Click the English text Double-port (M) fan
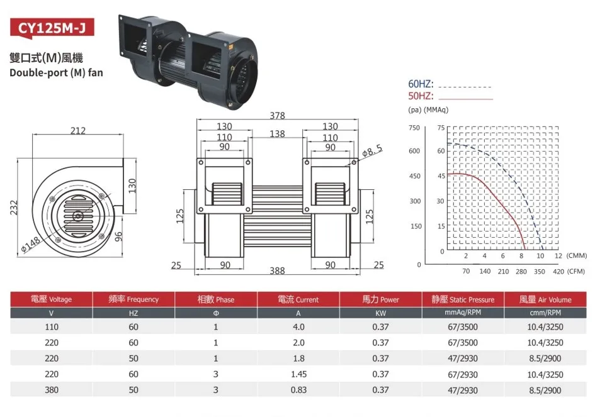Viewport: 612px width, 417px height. point(56,72)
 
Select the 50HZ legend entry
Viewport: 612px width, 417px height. point(421,96)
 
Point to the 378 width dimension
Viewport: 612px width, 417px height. point(277,116)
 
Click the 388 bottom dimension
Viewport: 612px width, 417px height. point(277,271)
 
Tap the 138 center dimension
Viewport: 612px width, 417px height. point(277,134)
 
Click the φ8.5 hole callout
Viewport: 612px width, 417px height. point(372,150)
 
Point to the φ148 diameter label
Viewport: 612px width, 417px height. point(30,243)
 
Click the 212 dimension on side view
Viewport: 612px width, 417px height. point(78,131)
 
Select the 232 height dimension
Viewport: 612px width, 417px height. point(14,208)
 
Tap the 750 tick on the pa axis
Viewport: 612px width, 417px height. point(414,128)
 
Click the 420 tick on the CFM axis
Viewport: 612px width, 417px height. point(558,272)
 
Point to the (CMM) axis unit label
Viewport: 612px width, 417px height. point(576,256)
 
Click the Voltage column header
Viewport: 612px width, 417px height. point(52,299)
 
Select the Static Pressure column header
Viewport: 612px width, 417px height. point(463,299)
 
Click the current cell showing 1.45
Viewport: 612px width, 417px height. point(298,374)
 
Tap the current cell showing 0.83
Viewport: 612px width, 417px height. point(298,390)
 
